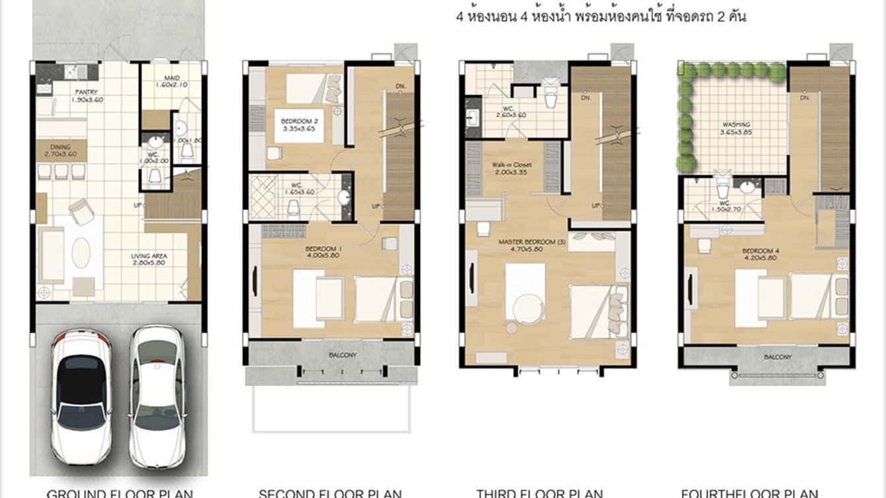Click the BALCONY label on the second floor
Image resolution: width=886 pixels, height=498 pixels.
point(342,355)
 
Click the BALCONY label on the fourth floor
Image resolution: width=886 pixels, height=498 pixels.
point(778,357)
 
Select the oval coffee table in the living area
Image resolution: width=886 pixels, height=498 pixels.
point(81,252)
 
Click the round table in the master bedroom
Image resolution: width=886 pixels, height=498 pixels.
point(511,327)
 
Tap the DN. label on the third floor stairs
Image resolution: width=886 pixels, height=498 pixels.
point(585,98)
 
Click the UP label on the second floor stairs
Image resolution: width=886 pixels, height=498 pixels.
point(375,206)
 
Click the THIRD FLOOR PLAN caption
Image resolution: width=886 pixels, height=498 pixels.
point(539,493)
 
